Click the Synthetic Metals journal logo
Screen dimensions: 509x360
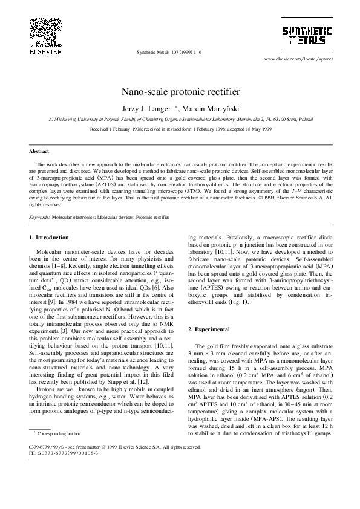click(x=308, y=36)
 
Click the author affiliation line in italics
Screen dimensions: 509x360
click(x=180, y=120)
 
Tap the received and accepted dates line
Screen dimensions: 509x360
click(x=180, y=129)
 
